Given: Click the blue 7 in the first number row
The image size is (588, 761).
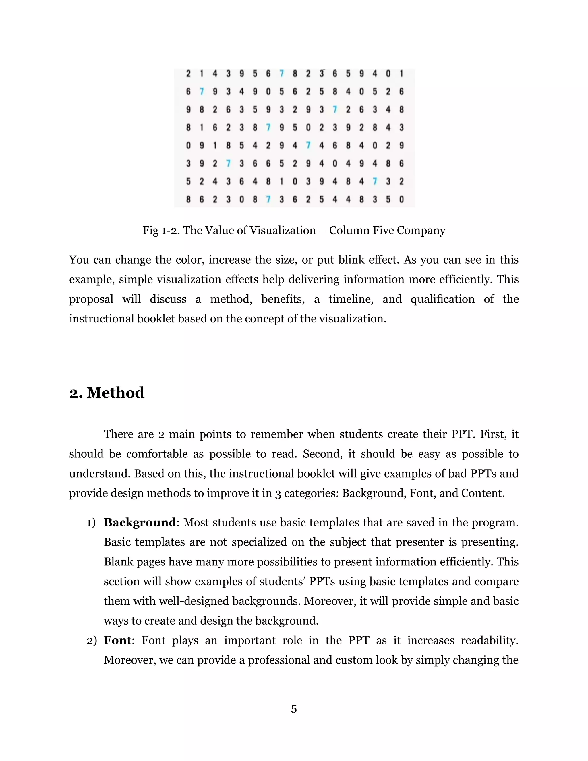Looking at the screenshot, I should (281, 74).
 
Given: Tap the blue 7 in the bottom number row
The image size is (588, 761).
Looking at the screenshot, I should (268, 199).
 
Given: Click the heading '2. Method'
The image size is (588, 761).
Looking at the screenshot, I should (107, 393).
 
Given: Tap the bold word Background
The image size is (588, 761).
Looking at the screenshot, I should (140, 522).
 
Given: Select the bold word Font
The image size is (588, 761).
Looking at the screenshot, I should (118, 640).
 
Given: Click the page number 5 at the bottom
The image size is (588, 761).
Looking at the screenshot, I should (294, 709).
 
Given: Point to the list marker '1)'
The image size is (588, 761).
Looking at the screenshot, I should (91, 523).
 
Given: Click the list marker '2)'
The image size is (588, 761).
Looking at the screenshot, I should (91, 640).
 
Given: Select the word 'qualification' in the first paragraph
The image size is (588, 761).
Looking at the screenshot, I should (442, 299).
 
